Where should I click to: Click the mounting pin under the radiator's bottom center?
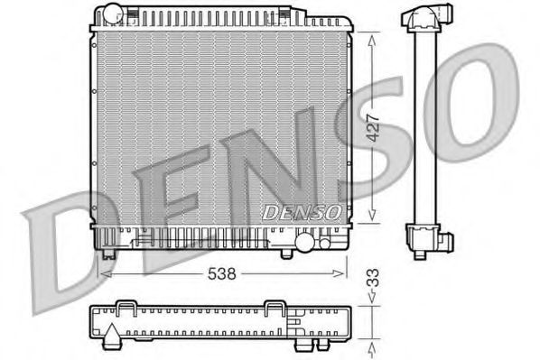[287, 253]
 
